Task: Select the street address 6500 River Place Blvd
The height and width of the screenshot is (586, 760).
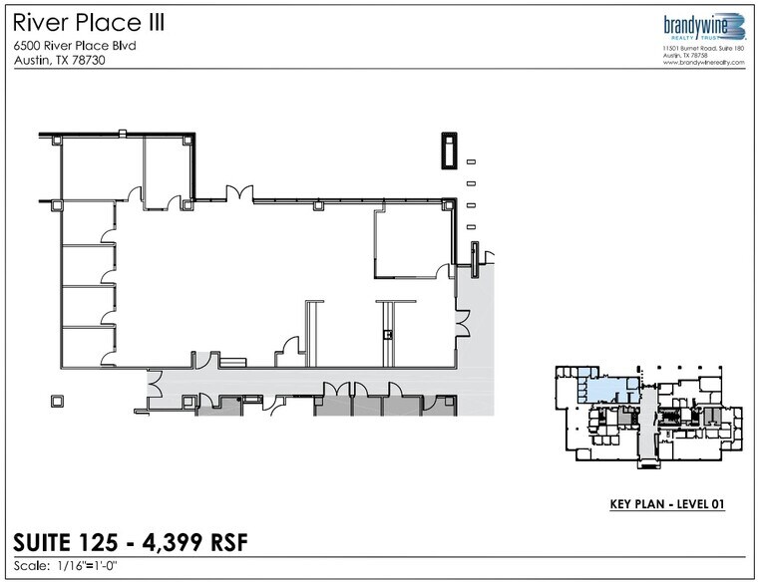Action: [x=76, y=45]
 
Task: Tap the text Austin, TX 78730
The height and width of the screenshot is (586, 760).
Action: [x=60, y=60]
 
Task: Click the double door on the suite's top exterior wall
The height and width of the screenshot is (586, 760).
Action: [x=238, y=193]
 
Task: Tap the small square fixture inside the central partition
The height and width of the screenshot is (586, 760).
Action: [x=388, y=334]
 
